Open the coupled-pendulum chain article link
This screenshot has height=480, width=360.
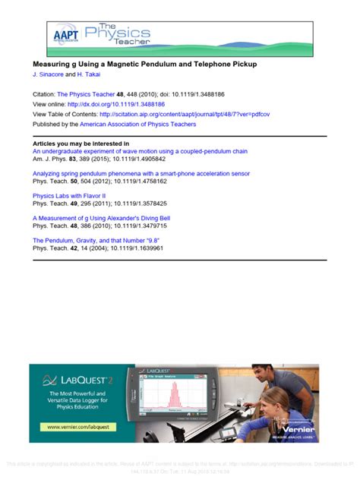pyautogui.click(x=140, y=151)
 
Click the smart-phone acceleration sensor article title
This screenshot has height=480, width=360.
pyautogui.click(x=141, y=173)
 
